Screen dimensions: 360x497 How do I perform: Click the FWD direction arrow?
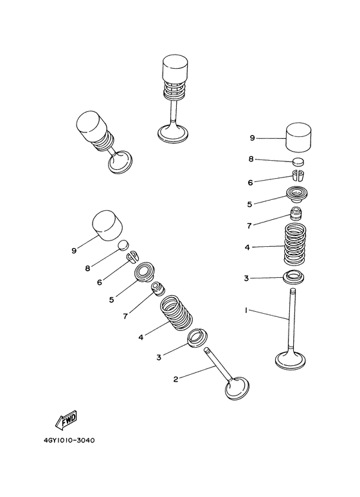coord(66,420)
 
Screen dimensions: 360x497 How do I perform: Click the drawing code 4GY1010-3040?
coord(69,440)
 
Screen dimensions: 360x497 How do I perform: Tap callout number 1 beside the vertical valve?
coord(246,311)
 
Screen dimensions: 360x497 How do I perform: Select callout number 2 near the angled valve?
coord(176,379)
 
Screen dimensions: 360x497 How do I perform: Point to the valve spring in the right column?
coord(295,244)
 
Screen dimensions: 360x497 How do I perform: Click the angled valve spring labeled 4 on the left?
coord(176,312)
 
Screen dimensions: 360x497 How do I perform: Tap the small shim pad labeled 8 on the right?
coord(298,161)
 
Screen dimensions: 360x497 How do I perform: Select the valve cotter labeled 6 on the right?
coord(297,176)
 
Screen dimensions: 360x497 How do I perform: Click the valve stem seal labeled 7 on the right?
coord(296,214)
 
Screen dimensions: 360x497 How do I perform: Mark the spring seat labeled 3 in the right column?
coord(293,276)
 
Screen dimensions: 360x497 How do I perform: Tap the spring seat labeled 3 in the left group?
coord(197,338)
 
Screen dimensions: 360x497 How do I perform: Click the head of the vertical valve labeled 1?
coord(291,361)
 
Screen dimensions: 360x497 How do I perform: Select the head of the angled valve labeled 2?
coord(237,389)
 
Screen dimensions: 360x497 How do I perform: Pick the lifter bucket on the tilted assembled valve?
coord(91,126)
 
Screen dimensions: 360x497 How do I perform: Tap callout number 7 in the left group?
coord(125,316)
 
